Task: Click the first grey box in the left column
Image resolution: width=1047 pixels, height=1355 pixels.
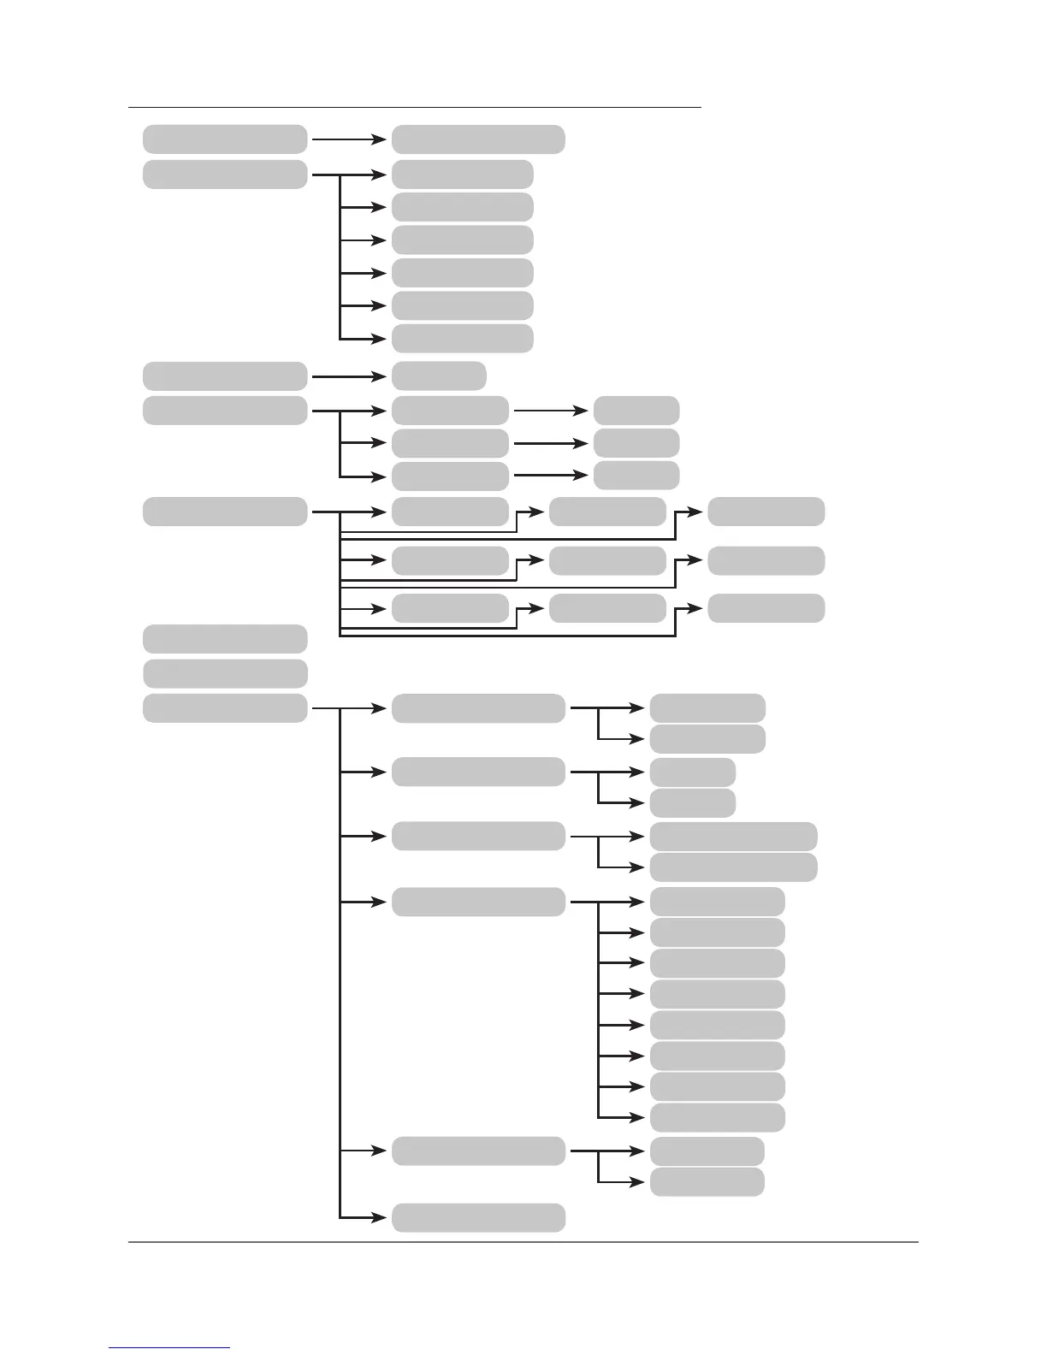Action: point(224,139)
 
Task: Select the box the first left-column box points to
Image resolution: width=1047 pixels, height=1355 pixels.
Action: point(477,139)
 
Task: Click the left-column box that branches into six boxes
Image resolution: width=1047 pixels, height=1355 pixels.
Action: point(224,174)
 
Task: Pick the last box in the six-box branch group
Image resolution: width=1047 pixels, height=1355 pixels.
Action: point(462,338)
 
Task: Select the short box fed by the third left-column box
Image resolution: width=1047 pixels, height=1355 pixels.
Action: point(439,376)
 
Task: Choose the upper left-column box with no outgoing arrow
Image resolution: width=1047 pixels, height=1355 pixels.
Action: point(224,639)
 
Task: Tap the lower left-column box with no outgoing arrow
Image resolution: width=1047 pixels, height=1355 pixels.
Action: point(224,673)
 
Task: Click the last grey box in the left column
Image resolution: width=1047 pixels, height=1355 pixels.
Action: point(224,708)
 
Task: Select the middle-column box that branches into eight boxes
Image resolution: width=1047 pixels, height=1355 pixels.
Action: point(477,902)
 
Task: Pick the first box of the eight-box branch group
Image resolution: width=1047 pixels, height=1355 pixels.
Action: point(717,902)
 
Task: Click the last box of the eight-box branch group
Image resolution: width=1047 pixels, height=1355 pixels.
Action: point(717,1117)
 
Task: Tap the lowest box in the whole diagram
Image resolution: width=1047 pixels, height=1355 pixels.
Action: point(477,1217)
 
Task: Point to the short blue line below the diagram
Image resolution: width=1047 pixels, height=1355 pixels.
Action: point(169,1347)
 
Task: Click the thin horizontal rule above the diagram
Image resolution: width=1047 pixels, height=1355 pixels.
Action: point(414,108)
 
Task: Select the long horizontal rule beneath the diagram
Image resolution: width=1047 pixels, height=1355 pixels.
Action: point(523,1242)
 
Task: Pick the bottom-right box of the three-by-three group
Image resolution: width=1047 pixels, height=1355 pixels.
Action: point(766,608)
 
